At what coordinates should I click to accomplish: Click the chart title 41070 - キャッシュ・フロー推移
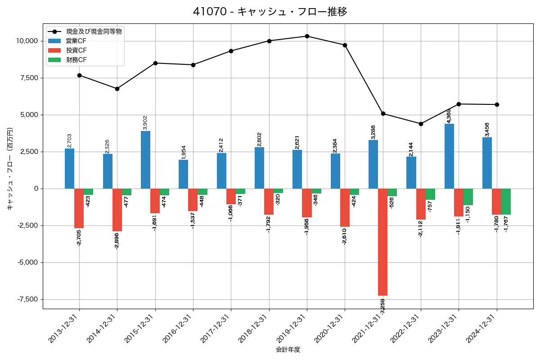(270, 12)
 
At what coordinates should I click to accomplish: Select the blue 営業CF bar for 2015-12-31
(145, 160)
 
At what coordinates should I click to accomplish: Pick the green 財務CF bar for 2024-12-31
(506, 202)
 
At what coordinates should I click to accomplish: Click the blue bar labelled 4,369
(449, 156)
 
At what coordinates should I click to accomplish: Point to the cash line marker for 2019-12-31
(307, 36)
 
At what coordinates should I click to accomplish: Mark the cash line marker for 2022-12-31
(421, 124)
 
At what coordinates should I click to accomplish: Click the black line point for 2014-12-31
(117, 89)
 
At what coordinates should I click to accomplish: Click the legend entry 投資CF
(76, 50)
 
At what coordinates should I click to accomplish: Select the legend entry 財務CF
(76, 60)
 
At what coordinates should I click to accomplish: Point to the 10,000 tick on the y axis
(27, 41)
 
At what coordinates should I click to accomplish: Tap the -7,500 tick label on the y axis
(27, 299)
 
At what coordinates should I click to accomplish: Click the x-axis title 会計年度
(288, 350)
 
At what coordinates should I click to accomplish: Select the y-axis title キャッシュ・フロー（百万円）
(10, 169)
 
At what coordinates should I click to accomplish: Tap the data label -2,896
(117, 240)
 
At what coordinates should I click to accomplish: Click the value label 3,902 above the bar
(145, 122)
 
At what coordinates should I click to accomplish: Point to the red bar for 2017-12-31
(231, 196)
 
